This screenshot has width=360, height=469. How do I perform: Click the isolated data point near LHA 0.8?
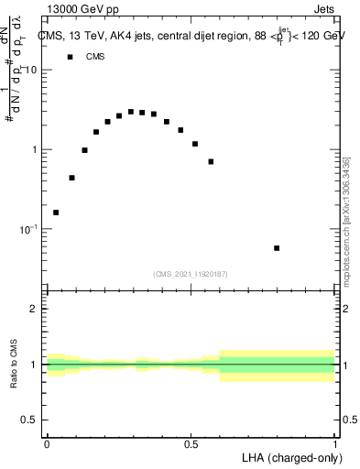point(277,248)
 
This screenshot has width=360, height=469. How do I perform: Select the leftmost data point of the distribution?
point(56,213)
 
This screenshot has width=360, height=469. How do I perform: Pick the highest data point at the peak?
point(131,112)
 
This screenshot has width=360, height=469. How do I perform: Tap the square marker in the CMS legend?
point(69,57)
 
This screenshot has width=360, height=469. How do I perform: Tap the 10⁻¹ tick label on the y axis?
point(28,228)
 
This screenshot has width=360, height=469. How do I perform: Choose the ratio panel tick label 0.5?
point(28,420)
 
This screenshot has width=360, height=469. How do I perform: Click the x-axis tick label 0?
point(47,444)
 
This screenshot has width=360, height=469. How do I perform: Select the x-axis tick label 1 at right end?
point(334,444)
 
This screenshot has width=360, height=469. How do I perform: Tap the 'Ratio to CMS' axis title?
point(14,364)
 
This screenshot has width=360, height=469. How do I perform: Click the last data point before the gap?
point(211,161)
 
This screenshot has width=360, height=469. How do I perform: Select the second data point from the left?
point(71,178)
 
